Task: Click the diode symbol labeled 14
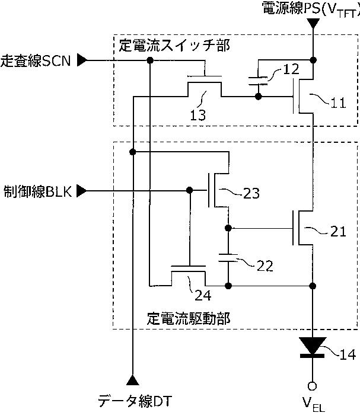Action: [313, 347]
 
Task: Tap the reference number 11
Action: [338, 103]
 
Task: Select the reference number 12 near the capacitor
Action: [291, 69]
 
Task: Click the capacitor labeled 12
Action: [258, 81]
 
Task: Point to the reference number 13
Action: [198, 115]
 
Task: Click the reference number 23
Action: [251, 193]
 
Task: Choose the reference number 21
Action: [338, 231]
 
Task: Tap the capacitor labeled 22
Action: [228, 258]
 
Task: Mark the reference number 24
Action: [203, 295]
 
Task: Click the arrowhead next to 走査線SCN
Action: [82, 60]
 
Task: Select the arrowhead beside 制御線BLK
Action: [82, 191]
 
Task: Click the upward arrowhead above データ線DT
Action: [133, 380]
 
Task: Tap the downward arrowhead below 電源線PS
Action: [313, 23]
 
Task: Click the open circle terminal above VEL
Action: [312, 386]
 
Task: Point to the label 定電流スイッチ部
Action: [174, 46]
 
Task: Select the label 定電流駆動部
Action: [188, 318]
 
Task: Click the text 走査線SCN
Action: [36, 61]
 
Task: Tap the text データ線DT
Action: [134, 401]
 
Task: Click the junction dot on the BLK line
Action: [189, 190]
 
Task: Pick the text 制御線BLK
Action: [38, 191]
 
